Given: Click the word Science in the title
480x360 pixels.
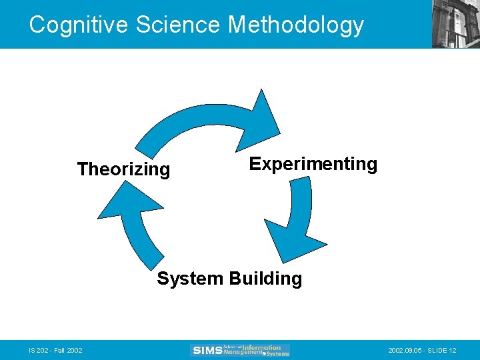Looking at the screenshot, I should pos(178,25).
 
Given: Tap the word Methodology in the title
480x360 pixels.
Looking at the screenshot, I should pos(296,25).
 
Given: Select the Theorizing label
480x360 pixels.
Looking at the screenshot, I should pos(123,169).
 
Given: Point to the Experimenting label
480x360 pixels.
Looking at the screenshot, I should pos(313,164).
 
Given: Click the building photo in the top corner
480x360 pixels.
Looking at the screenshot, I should pos(456,24).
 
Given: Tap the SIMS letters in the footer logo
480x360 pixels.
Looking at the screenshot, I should pos(207,350).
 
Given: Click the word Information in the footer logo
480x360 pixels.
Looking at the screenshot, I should pos(261,347).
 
